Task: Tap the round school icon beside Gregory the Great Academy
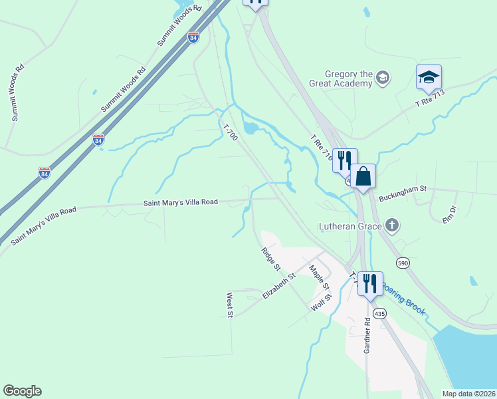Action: (382, 78)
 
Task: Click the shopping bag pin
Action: (363, 177)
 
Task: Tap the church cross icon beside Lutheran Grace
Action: (392, 225)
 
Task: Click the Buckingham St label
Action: (401, 198)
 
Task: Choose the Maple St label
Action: (319, 277)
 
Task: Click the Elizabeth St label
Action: (278, 289)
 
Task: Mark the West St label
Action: (230, 305)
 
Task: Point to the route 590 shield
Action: (403, 263)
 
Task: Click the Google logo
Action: (22, 391)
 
